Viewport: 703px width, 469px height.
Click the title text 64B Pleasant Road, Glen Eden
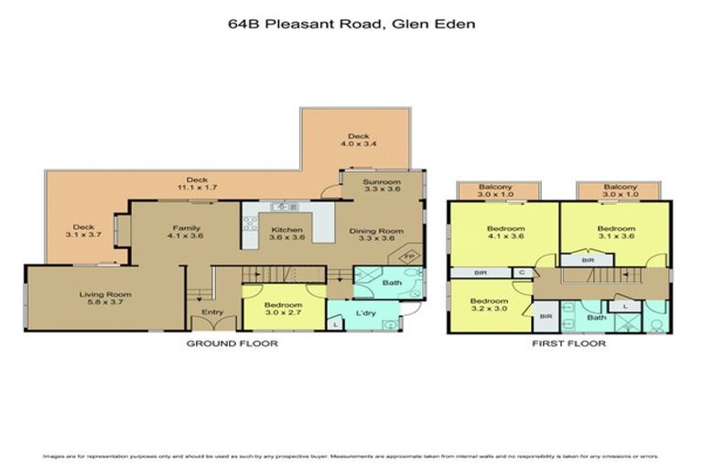point(351,25)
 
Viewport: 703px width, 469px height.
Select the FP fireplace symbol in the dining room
point(410,256)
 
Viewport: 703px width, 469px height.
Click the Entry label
point(212,313)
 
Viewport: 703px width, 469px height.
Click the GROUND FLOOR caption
point(232,344)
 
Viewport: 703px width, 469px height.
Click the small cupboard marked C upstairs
point(522,272)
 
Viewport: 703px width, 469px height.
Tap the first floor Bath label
point(597,318)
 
